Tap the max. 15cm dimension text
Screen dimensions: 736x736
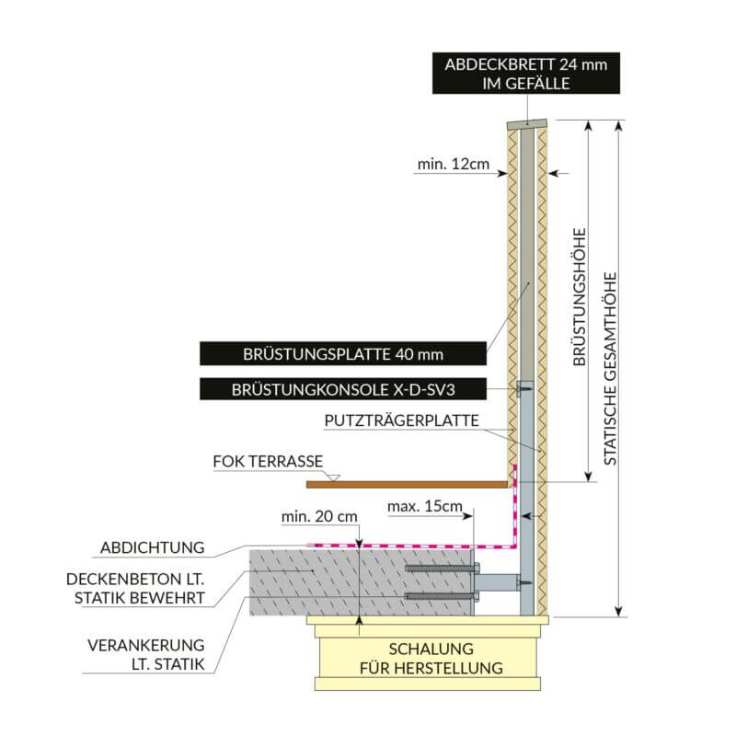tap(427, 507)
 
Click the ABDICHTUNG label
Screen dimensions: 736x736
tap(152, 548)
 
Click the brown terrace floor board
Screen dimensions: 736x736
tap(405, 483)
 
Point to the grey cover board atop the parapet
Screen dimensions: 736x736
tap(526, 122)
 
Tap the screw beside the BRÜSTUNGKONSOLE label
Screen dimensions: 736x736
tap(524, 390)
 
